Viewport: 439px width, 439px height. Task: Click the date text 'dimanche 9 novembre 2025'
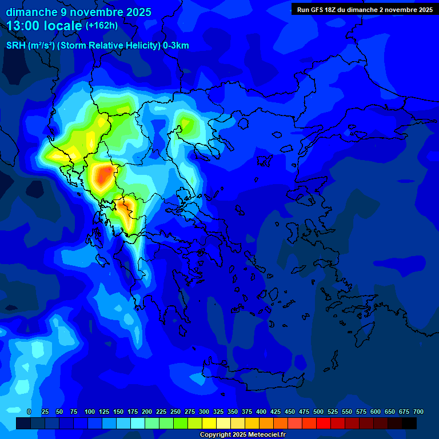coord(79,12)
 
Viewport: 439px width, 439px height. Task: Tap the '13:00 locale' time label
coord(45,26)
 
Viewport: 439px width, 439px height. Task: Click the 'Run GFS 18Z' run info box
coord(365,10)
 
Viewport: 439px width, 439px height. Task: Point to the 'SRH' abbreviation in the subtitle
coord(15,46)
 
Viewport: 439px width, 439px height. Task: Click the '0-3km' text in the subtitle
coord(175,46)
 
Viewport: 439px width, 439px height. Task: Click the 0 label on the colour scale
coord(29,412)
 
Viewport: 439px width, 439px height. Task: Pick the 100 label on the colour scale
coord(90,412)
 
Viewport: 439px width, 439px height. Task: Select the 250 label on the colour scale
coord(175,412)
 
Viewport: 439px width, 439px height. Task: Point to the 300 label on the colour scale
coord(204,412)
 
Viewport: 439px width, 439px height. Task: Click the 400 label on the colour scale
coord(261,412)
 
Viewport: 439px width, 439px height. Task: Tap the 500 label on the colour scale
coord(318,412)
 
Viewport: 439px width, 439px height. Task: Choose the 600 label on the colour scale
coord(376,412)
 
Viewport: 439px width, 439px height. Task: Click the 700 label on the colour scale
coord(418,412)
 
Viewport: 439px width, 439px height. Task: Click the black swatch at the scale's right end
coord(409,423)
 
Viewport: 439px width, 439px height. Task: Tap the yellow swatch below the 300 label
coord(209,423)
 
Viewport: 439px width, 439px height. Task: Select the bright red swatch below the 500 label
coord(324,423)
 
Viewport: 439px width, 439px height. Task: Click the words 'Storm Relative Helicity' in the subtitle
coord(109,46)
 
